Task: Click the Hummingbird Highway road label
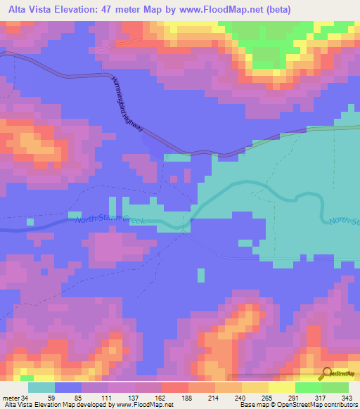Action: coord(127,105)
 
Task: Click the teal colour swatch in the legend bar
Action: coord(41,387)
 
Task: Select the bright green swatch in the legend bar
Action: coord(308,387)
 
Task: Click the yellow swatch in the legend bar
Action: coord(281,387)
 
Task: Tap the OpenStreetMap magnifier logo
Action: coord(325,375)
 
